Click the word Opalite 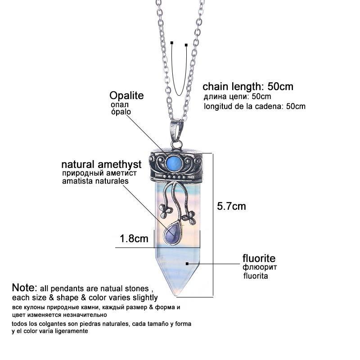(126, 96)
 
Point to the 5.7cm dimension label (231, 207)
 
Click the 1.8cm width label (134, 239)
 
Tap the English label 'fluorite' (259, 258)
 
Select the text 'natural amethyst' (101, 164)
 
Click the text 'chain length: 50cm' (248, 86)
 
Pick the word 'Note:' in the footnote (24, 288)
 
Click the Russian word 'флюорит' (260, 268)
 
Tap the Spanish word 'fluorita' (256, 276)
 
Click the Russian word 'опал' (119, 104)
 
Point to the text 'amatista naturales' (95, 181)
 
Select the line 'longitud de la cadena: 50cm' (255, 107)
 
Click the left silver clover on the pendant (163, 210)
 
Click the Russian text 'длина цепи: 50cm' (237, 97)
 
